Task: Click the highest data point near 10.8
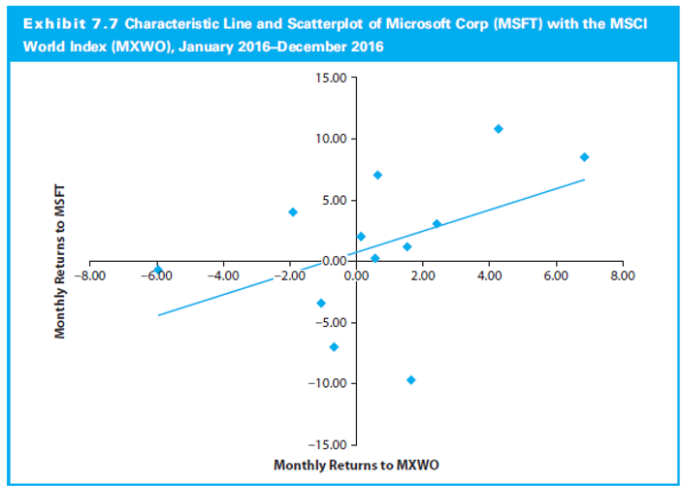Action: (498, 129)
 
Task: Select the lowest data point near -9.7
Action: (410, 379)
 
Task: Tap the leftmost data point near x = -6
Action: (157, 270)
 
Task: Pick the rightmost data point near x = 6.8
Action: (584, 157)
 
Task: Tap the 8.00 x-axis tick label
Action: (623, 276)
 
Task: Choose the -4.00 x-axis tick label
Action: (222, 276)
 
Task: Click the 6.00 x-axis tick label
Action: (556, 276)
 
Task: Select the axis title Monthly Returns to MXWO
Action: (356, 466)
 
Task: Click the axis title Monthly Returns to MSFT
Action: (60, 263)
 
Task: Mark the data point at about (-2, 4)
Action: (292, 211)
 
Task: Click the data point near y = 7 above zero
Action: (377, 176)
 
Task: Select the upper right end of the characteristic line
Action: (584, 179)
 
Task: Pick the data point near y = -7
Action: (334, 346)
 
